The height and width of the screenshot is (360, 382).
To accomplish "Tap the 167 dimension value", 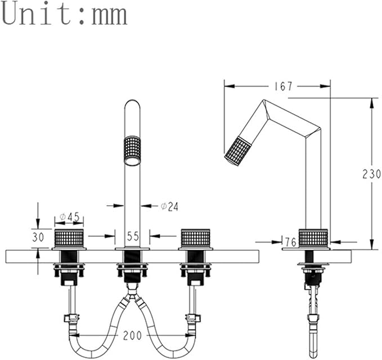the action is click(283, 86).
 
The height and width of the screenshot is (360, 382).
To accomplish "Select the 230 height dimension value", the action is click(371, 174).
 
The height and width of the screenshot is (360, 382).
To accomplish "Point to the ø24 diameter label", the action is click(169, 206).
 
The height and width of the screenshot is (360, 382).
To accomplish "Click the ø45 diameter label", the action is click(70, 217).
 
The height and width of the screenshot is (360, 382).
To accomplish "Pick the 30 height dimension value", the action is click(38, 237).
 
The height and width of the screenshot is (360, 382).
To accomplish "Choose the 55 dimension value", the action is click(133, 236).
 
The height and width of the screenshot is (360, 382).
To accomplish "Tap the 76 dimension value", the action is click(290, 242).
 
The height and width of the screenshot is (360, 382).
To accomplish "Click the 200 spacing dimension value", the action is click(132, 336).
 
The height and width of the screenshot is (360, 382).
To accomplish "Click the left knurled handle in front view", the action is click(69, 238).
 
